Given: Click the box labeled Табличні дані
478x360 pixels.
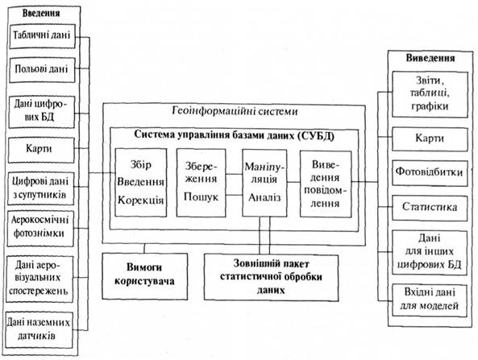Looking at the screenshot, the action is (42, 36).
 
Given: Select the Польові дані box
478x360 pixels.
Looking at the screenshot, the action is (42, 70).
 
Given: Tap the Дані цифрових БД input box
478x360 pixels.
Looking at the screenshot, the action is (41, 112).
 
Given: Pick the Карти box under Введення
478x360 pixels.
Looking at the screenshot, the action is (41, 150).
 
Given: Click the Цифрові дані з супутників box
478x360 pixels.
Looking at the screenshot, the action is (41, 188).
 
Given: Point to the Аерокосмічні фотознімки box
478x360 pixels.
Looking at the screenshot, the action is (40, 229).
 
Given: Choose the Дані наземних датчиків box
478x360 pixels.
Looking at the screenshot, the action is (39, 330).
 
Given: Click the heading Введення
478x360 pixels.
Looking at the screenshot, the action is (41, 14).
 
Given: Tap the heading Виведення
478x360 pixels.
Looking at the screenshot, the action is (430, 58).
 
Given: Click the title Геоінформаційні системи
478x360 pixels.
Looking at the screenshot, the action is (235, 111).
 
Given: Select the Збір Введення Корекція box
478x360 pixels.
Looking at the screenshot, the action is (141, 183).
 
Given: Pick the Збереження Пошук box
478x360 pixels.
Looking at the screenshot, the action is (202, 183).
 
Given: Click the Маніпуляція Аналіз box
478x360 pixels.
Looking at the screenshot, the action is (264, 183).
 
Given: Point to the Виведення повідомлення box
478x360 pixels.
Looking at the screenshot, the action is (326, 184).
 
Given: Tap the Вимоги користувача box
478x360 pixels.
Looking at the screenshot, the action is (144, 276).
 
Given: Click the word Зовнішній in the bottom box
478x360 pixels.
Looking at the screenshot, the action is (254, 263).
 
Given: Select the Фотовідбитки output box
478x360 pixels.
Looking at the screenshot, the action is (430, 173).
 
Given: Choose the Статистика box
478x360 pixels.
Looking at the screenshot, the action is (430, 209).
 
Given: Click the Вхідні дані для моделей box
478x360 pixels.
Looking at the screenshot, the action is (429, 300).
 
